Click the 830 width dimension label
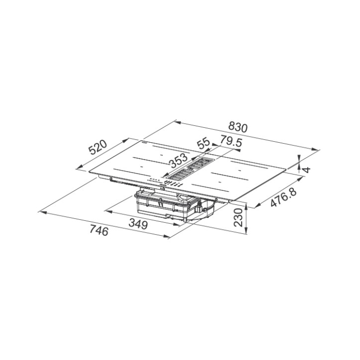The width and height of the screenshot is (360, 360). coord(238,128)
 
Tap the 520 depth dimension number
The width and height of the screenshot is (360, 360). coord(98,147)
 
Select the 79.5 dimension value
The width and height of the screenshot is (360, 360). coord(231,141)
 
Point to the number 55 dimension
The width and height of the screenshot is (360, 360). coord(203,143)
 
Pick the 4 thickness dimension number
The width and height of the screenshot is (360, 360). coord(306,170)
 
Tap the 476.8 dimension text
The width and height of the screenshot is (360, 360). coord(284,196)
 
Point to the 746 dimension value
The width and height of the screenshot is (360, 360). coord(99,230)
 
